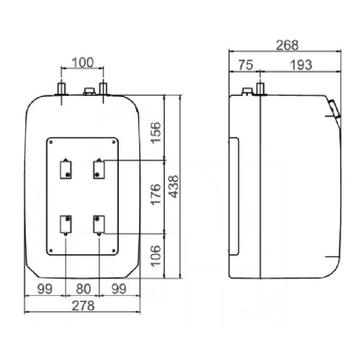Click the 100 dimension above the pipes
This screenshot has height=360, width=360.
pyautogui.click(x=83, y=63)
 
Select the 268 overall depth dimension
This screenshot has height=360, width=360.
pyautogui.click(x=287, y=45)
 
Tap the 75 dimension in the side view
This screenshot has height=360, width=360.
pyautogui.click(x=246, y=65)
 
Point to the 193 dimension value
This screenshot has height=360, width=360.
pyautogui.click(x=301, y=65)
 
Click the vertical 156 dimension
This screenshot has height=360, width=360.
pyautogui.click(x=156, y=132)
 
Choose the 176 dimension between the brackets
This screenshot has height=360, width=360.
pyautogui.click(x=156, y=194)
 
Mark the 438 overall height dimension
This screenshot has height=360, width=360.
pyautogui.click(x=173, y=186)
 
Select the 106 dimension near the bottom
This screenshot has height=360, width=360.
pyautogui.click(x=156, y=256)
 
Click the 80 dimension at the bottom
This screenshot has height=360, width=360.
pyautogui.click(x=83, y=289)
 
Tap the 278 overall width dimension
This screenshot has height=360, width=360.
pyautogui.click(x=83, y=306)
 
